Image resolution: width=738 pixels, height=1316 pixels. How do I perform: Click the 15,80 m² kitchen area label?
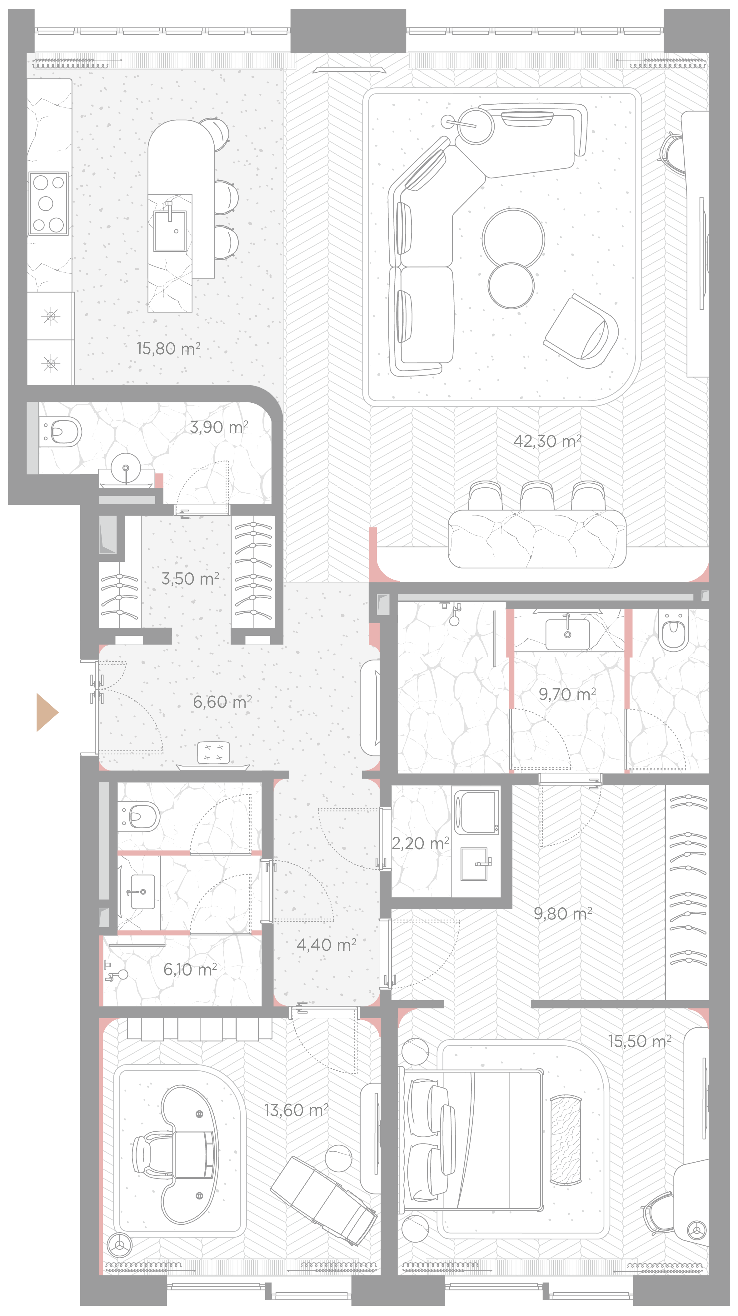(168, 348)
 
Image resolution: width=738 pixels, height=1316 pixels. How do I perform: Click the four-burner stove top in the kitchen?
(48, 203)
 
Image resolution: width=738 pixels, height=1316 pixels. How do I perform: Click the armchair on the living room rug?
(582, 331)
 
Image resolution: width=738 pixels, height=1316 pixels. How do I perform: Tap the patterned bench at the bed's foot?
(566, 1139)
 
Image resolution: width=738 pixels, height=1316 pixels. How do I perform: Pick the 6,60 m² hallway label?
(222, 702)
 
